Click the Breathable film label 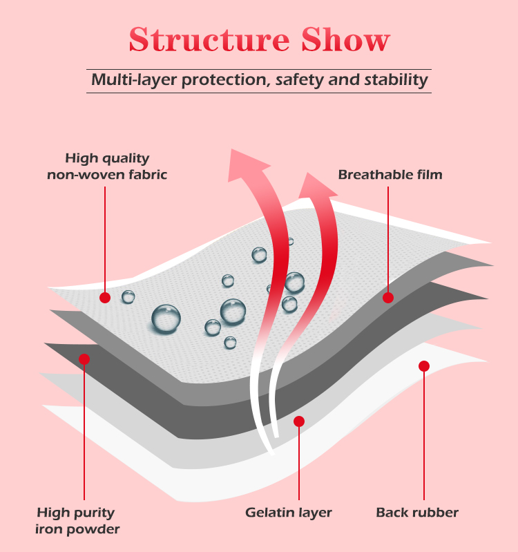coord(390,175)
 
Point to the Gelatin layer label coord(289,513)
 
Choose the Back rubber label coord(417,513)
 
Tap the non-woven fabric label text coord(107,175)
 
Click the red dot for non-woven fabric coord(105,298)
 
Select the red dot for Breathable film coord(388,298)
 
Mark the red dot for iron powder coord(84,359)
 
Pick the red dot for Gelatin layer coord(299,421)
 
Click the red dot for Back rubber coord(424,366)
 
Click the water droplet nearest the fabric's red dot coord(128,297)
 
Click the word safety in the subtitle coord(299,80)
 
